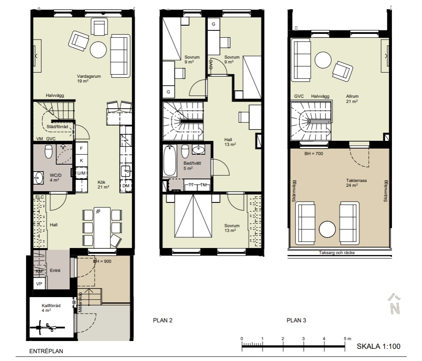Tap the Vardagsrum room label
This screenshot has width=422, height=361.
pyautogui.click(x=89, y=76)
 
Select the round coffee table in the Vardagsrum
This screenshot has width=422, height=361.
pyautogui.click(x=98, y=50)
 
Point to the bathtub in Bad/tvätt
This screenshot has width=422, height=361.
pyautogui.click(x=170, y=161)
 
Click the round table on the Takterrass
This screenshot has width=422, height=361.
pyautogui.click(x=327, y=229)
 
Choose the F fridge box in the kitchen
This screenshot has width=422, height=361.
pyautogui.click(x=81, y=149)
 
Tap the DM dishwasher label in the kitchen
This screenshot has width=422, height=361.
pyautogui.click(x=126, y=185)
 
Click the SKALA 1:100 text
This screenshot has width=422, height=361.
pyautogui.click(x=378, y=346)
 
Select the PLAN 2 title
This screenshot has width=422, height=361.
pyautogui.click(x=163, y=320)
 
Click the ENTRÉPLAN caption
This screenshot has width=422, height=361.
pyautogui.click(x=46, y=351)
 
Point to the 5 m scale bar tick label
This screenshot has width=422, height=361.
pyautogui.click(x=347, y=339)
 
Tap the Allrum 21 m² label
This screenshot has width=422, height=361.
pyautogui.click(x=352, y=99)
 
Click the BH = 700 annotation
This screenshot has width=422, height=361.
pyautogui.click(x=314, y=154)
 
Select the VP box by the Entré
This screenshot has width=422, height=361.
pyautogui.click(x=39, y=284)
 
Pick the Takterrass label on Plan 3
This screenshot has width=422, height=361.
pyautogui.click(x=356, y=181)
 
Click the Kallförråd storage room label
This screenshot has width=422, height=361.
pyautogui.click(x=51, y=306)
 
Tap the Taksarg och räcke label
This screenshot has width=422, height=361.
pyautogui.click(x=337, y=253)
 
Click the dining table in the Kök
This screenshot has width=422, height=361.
pyautogui.click(x=102, y=227)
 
